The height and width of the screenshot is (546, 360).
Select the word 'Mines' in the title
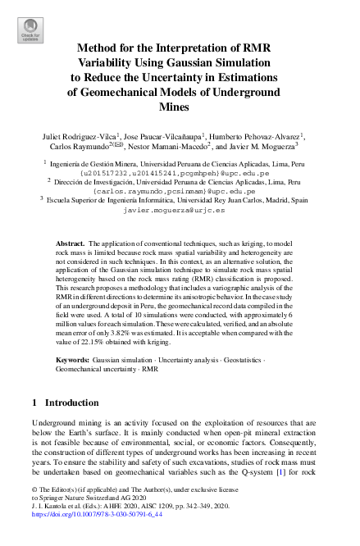(180, 107)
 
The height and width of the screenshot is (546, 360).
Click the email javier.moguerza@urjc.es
(179, 209)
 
